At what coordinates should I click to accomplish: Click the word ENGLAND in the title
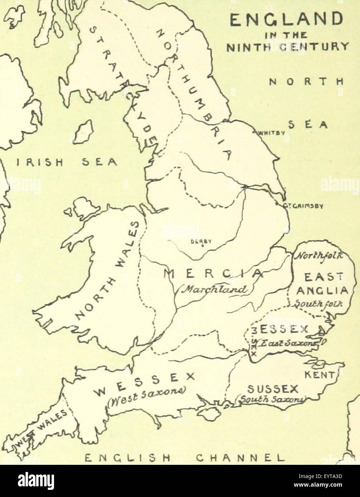point(286,20)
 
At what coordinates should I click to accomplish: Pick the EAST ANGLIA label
point(322,284)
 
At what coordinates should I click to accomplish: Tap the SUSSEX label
point(273,389)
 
